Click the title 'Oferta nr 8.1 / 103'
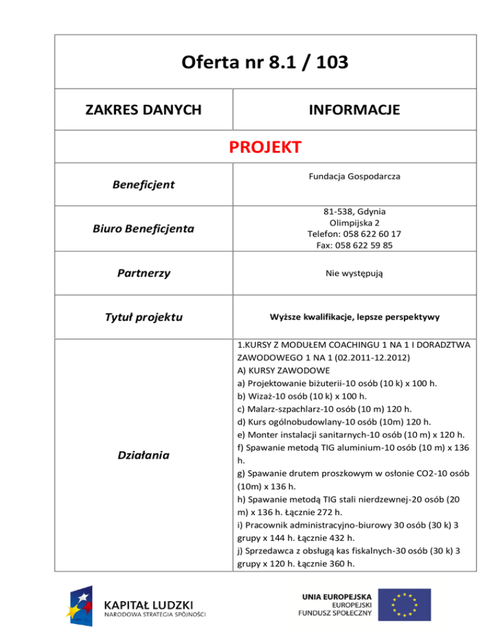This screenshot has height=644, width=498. click(x=265, y=63)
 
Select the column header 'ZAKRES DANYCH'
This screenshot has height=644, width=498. click(x=144, y=110)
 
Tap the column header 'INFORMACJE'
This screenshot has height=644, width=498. click(x=354, y=110)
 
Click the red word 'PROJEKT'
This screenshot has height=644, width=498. click(x=265, y=148)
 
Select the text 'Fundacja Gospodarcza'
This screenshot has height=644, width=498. click(x=354, y=175)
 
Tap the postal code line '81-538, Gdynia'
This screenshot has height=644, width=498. click(x=354, y=211)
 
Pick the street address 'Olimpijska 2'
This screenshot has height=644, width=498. click(x=354, y=222)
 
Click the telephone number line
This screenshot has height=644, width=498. click(x=354, y=234)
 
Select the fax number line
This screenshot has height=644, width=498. click(x=354, y=246)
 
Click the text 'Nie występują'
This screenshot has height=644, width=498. click(x=354, y=273)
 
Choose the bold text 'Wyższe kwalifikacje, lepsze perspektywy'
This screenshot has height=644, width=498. click(x=354, y=317)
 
